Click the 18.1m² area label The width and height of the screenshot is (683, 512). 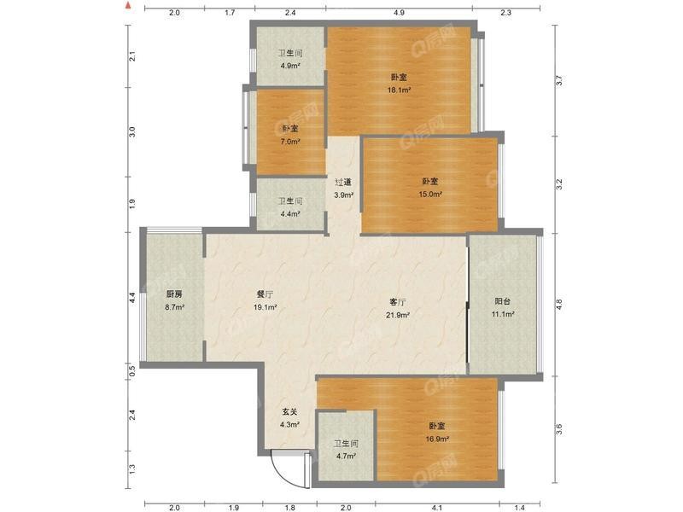coord(399,90)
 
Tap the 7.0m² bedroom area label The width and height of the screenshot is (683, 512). coord(290,142)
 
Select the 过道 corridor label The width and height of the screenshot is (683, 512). coord(343,183)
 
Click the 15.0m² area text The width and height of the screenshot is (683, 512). coord(430,195)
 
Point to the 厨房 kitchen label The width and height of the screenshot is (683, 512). coord(174,294)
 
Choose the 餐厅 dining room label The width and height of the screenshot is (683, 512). coord(265,294)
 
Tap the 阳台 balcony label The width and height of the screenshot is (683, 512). coord(503,301)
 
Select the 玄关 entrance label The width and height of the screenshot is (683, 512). coord(289,411)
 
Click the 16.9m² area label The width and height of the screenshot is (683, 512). coord(437,439)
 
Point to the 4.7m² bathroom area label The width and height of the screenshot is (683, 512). coord(346,457)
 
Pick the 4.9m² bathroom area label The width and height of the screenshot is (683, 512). coord(290,67)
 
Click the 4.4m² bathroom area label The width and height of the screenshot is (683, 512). coord(290,214)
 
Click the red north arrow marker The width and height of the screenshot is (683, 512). coord(127,6)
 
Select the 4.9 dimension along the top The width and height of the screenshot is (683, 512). coord(399,13)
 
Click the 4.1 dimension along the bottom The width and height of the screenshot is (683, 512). coord(437,508)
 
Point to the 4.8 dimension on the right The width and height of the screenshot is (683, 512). coord(559,303)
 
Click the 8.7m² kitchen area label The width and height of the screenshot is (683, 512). coord(174,307)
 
